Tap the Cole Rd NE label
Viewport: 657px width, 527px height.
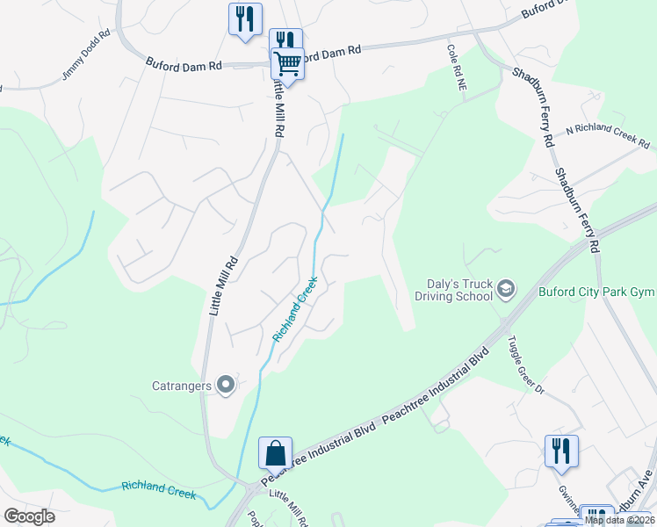(455, 70)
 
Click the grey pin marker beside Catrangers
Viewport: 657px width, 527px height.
(226, 384)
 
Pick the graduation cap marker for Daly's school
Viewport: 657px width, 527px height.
(506, 288)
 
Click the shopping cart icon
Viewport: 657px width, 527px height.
(288, 63)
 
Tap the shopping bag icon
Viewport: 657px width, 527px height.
(275, 453)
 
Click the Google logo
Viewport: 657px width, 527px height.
(29, 516)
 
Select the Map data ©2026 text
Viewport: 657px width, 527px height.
(619, 520)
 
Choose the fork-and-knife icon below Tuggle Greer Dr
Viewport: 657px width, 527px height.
(561, 451)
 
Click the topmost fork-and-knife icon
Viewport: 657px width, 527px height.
(244, 18)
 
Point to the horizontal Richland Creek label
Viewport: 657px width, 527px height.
(158, 489)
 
